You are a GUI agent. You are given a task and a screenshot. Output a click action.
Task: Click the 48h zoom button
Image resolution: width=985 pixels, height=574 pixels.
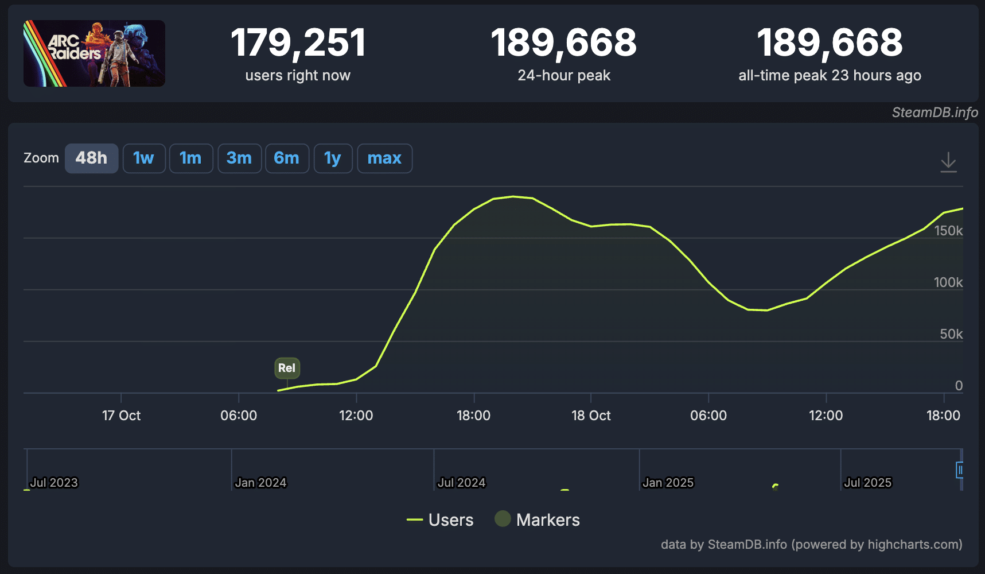pos(91,158)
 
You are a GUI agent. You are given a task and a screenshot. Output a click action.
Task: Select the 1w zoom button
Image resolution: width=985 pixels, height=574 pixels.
pos(144,158)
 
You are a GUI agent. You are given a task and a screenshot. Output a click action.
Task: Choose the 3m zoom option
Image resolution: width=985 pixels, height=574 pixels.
pos(239,158)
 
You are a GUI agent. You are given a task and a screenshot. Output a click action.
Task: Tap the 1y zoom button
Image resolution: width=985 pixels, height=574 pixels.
pos(333,158)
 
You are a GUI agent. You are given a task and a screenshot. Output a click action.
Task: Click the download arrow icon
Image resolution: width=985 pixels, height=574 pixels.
pos(948,162)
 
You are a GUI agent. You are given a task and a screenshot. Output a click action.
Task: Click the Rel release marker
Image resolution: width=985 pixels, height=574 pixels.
pos(287,368)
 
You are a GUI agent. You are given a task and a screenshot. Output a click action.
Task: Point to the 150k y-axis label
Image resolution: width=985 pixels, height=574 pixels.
pos(948,231)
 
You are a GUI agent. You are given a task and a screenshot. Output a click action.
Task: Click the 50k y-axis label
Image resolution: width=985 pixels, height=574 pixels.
pos(951,334)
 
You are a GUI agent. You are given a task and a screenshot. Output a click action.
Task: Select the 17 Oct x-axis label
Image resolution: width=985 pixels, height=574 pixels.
pos(121,416)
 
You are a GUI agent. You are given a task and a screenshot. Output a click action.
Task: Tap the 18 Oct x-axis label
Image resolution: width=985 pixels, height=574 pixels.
pos(591,416)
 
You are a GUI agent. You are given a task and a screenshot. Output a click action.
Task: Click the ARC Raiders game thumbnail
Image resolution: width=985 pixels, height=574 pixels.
pos(94,53)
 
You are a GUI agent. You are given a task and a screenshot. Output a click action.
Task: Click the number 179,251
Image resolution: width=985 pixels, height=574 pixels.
pos(298,43)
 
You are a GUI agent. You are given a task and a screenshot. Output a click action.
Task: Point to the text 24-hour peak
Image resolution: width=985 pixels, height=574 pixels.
pos(564,75)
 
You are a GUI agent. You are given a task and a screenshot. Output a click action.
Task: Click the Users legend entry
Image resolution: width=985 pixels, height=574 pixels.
pos(440,520)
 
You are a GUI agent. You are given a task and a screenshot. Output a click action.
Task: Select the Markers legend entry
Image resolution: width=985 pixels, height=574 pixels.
pos(538,520)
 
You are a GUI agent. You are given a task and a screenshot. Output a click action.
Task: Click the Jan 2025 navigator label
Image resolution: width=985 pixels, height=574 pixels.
pos(668,483)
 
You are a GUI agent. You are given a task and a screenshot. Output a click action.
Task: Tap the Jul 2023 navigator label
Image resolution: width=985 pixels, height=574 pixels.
pos(53,483)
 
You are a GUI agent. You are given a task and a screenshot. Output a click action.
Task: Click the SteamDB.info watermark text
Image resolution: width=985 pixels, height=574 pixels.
pos(935,113)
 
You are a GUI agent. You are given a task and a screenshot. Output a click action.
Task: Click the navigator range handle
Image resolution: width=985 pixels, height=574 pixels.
pos(959,470)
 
